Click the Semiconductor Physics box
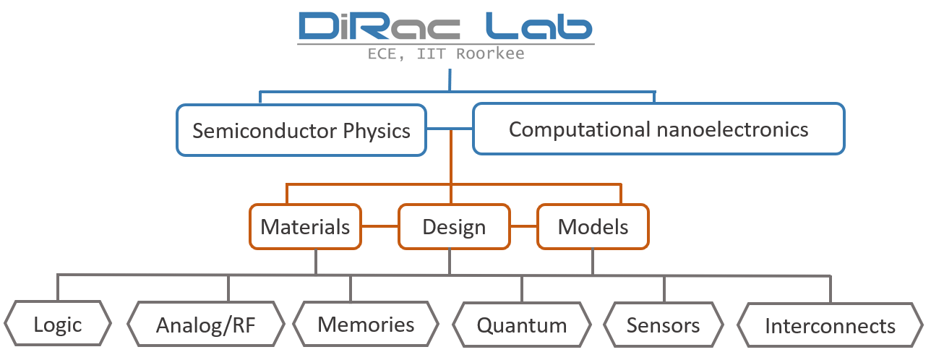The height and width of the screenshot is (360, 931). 301,130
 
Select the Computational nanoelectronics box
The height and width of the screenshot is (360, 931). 658,129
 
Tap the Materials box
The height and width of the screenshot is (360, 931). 305,226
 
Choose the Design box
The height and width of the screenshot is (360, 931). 454,226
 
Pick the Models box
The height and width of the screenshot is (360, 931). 593,226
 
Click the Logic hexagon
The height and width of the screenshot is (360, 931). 58,323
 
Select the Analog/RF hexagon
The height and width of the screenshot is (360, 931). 206,324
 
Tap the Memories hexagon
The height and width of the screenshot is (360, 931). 366,324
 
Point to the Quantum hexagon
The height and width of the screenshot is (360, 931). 522,325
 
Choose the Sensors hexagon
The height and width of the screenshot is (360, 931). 664,325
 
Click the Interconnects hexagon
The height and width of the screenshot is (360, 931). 831,325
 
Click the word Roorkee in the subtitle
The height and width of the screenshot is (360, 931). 490,53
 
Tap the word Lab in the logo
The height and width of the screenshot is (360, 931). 539,26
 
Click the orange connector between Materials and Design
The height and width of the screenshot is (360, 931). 380,226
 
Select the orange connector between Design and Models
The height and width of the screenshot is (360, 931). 523,226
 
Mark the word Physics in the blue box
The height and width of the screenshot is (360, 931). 377,132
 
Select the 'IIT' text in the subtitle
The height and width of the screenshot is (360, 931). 431,53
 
